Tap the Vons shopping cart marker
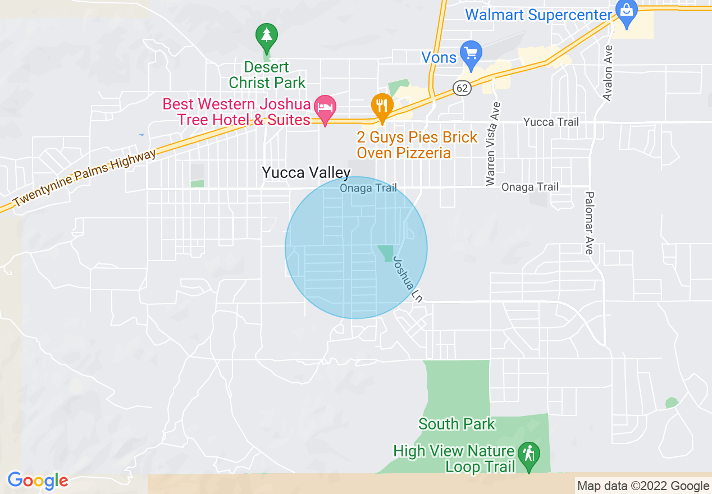tap(471, 53)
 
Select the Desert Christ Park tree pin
tap(267, 36)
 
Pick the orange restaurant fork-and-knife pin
tap(382, 105)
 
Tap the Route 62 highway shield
tap(462, 88)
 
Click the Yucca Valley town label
tap(306, 173)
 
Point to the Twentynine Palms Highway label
tap(84, 178)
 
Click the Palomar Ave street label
tap(589, 223)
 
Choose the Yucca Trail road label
tap(550, 122)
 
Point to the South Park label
tap(457, 424)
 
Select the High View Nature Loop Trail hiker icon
tap(528, 452)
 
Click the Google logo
tap(38, 481)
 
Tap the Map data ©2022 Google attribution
tap(643, 486)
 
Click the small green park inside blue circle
tap(386, 253)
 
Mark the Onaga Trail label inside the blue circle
tap(368, 188)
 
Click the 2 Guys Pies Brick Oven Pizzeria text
tap(417, 145)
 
